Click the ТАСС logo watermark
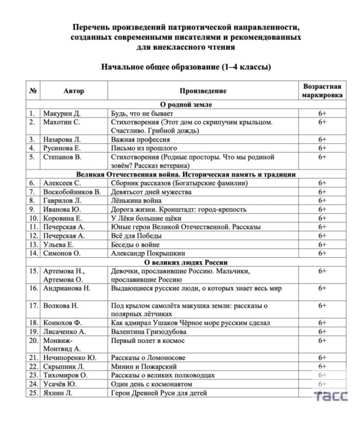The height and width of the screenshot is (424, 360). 331,396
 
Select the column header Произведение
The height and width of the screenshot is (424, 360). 203,91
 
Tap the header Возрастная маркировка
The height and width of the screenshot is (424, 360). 322,91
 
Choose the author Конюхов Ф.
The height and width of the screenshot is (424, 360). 64,323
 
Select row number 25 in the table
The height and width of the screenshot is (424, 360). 33,393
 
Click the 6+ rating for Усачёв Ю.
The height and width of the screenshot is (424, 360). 322,384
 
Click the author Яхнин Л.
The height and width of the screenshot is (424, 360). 59,393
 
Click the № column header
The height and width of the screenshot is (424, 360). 33,91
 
